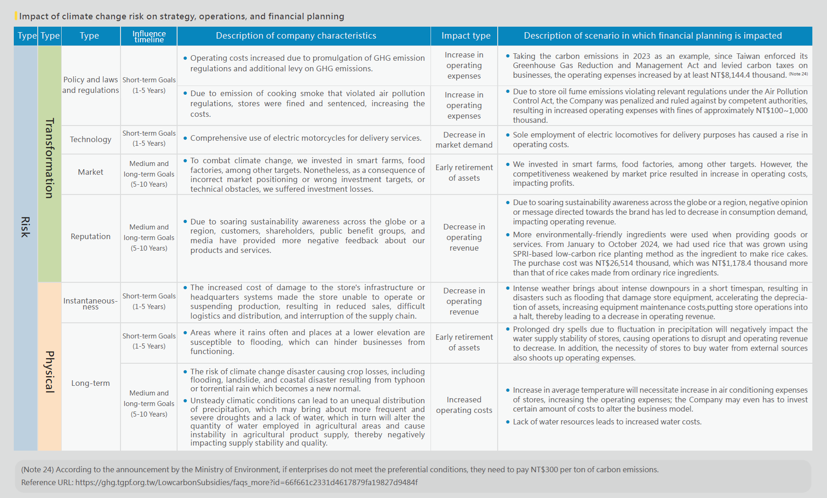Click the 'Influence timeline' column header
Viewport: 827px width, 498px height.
(149, 36)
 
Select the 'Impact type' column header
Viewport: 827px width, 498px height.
(465, 36)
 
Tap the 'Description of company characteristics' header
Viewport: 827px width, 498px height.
(296, 36)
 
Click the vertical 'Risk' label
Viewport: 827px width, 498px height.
(25, 227)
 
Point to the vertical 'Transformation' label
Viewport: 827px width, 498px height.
(50, 158)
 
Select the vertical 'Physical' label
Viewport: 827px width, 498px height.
(50, 372)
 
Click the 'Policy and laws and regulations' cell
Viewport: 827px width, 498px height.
(91, 85)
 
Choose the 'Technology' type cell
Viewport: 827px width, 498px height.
(91, 139)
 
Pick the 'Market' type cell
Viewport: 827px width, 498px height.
(91, 172)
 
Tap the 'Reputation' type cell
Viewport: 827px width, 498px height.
(91, 236)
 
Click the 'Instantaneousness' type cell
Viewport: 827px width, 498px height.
(91, 303)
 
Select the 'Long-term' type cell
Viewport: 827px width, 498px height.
(91, 383)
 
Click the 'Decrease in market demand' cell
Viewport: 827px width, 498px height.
(464, 140)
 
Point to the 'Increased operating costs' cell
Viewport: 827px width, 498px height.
(464, 405)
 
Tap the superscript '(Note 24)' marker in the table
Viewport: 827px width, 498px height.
(798, 74)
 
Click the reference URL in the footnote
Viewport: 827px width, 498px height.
(246, 482)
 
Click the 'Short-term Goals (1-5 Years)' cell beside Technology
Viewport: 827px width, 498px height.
(149, 138)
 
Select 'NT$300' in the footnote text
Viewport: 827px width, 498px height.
(543, 469)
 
